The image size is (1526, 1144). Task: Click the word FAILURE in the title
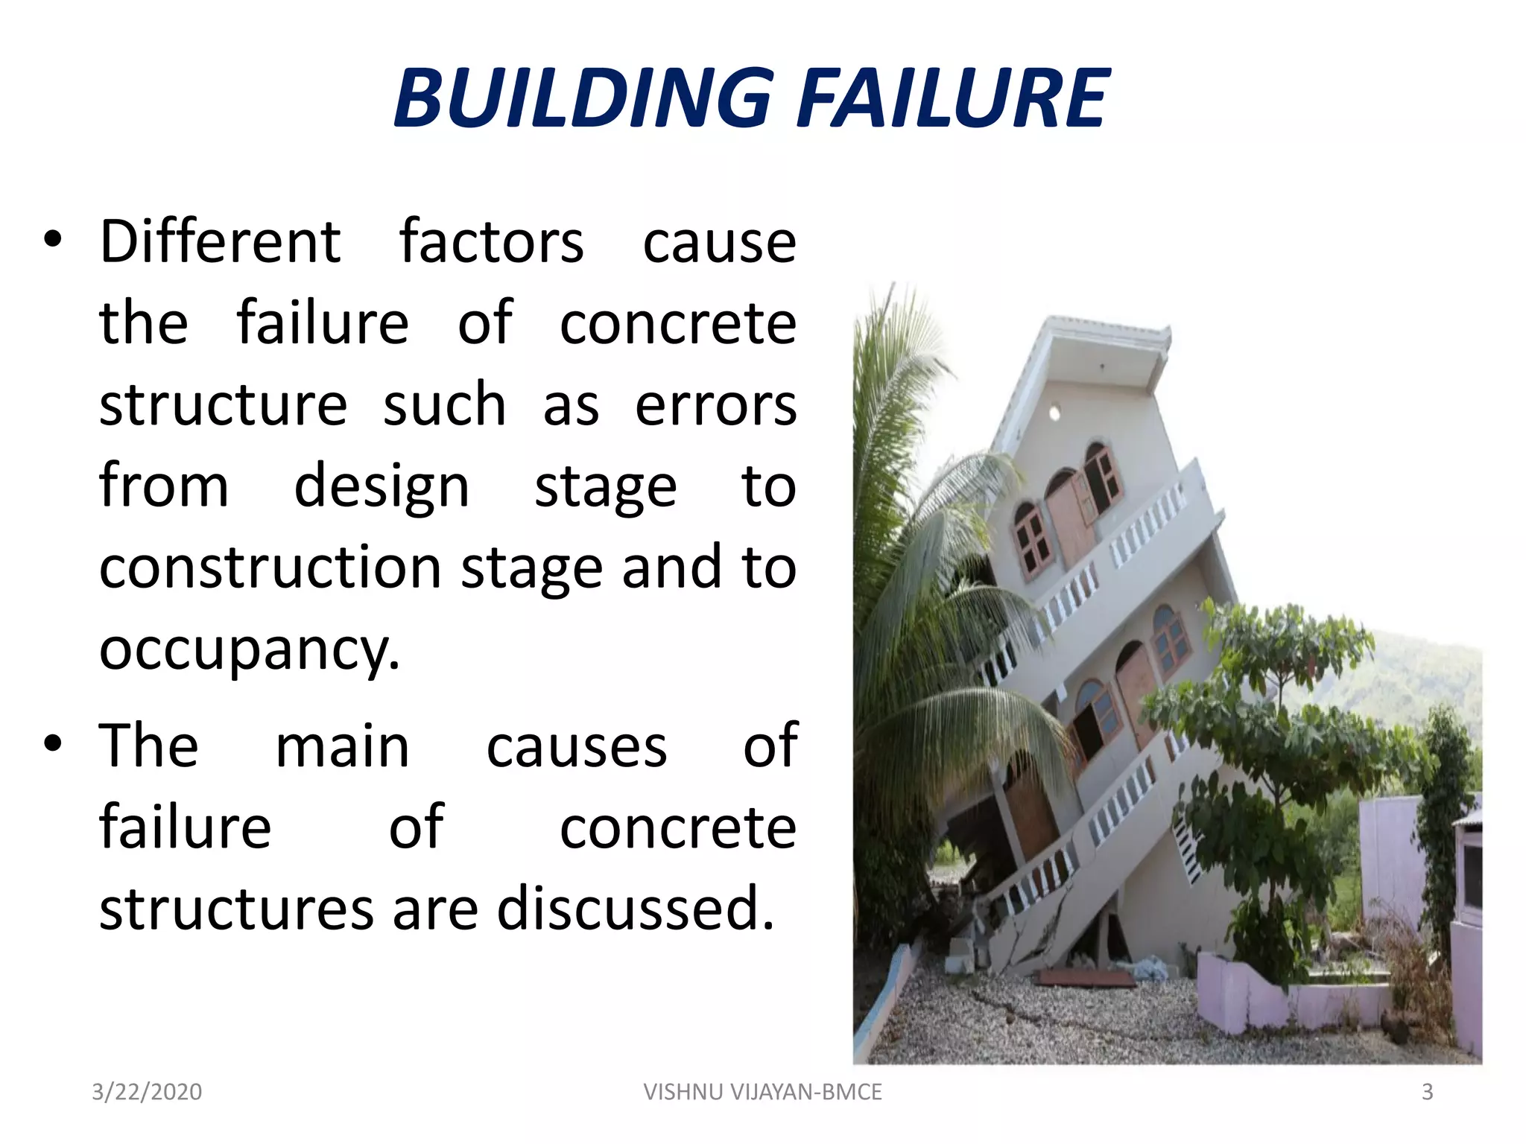click(x=953, y=98)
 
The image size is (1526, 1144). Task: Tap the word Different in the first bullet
click(x=221, y=242)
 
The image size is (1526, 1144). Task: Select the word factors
click(x=491, y=242)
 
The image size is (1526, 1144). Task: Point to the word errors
click(x=715, y=405)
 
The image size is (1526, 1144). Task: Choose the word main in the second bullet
click(x=342, y=746)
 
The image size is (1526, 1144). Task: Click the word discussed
click(x=636, y=909)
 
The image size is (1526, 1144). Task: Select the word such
click(x=444, y=405)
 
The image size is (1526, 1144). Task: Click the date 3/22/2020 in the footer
click(x=147, y=1092)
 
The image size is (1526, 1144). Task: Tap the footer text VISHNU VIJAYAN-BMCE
click(x=762, y=1092)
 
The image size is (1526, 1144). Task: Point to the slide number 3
click(x=1427, y=1092)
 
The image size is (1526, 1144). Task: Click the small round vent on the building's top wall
click(x=1054, y=412)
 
